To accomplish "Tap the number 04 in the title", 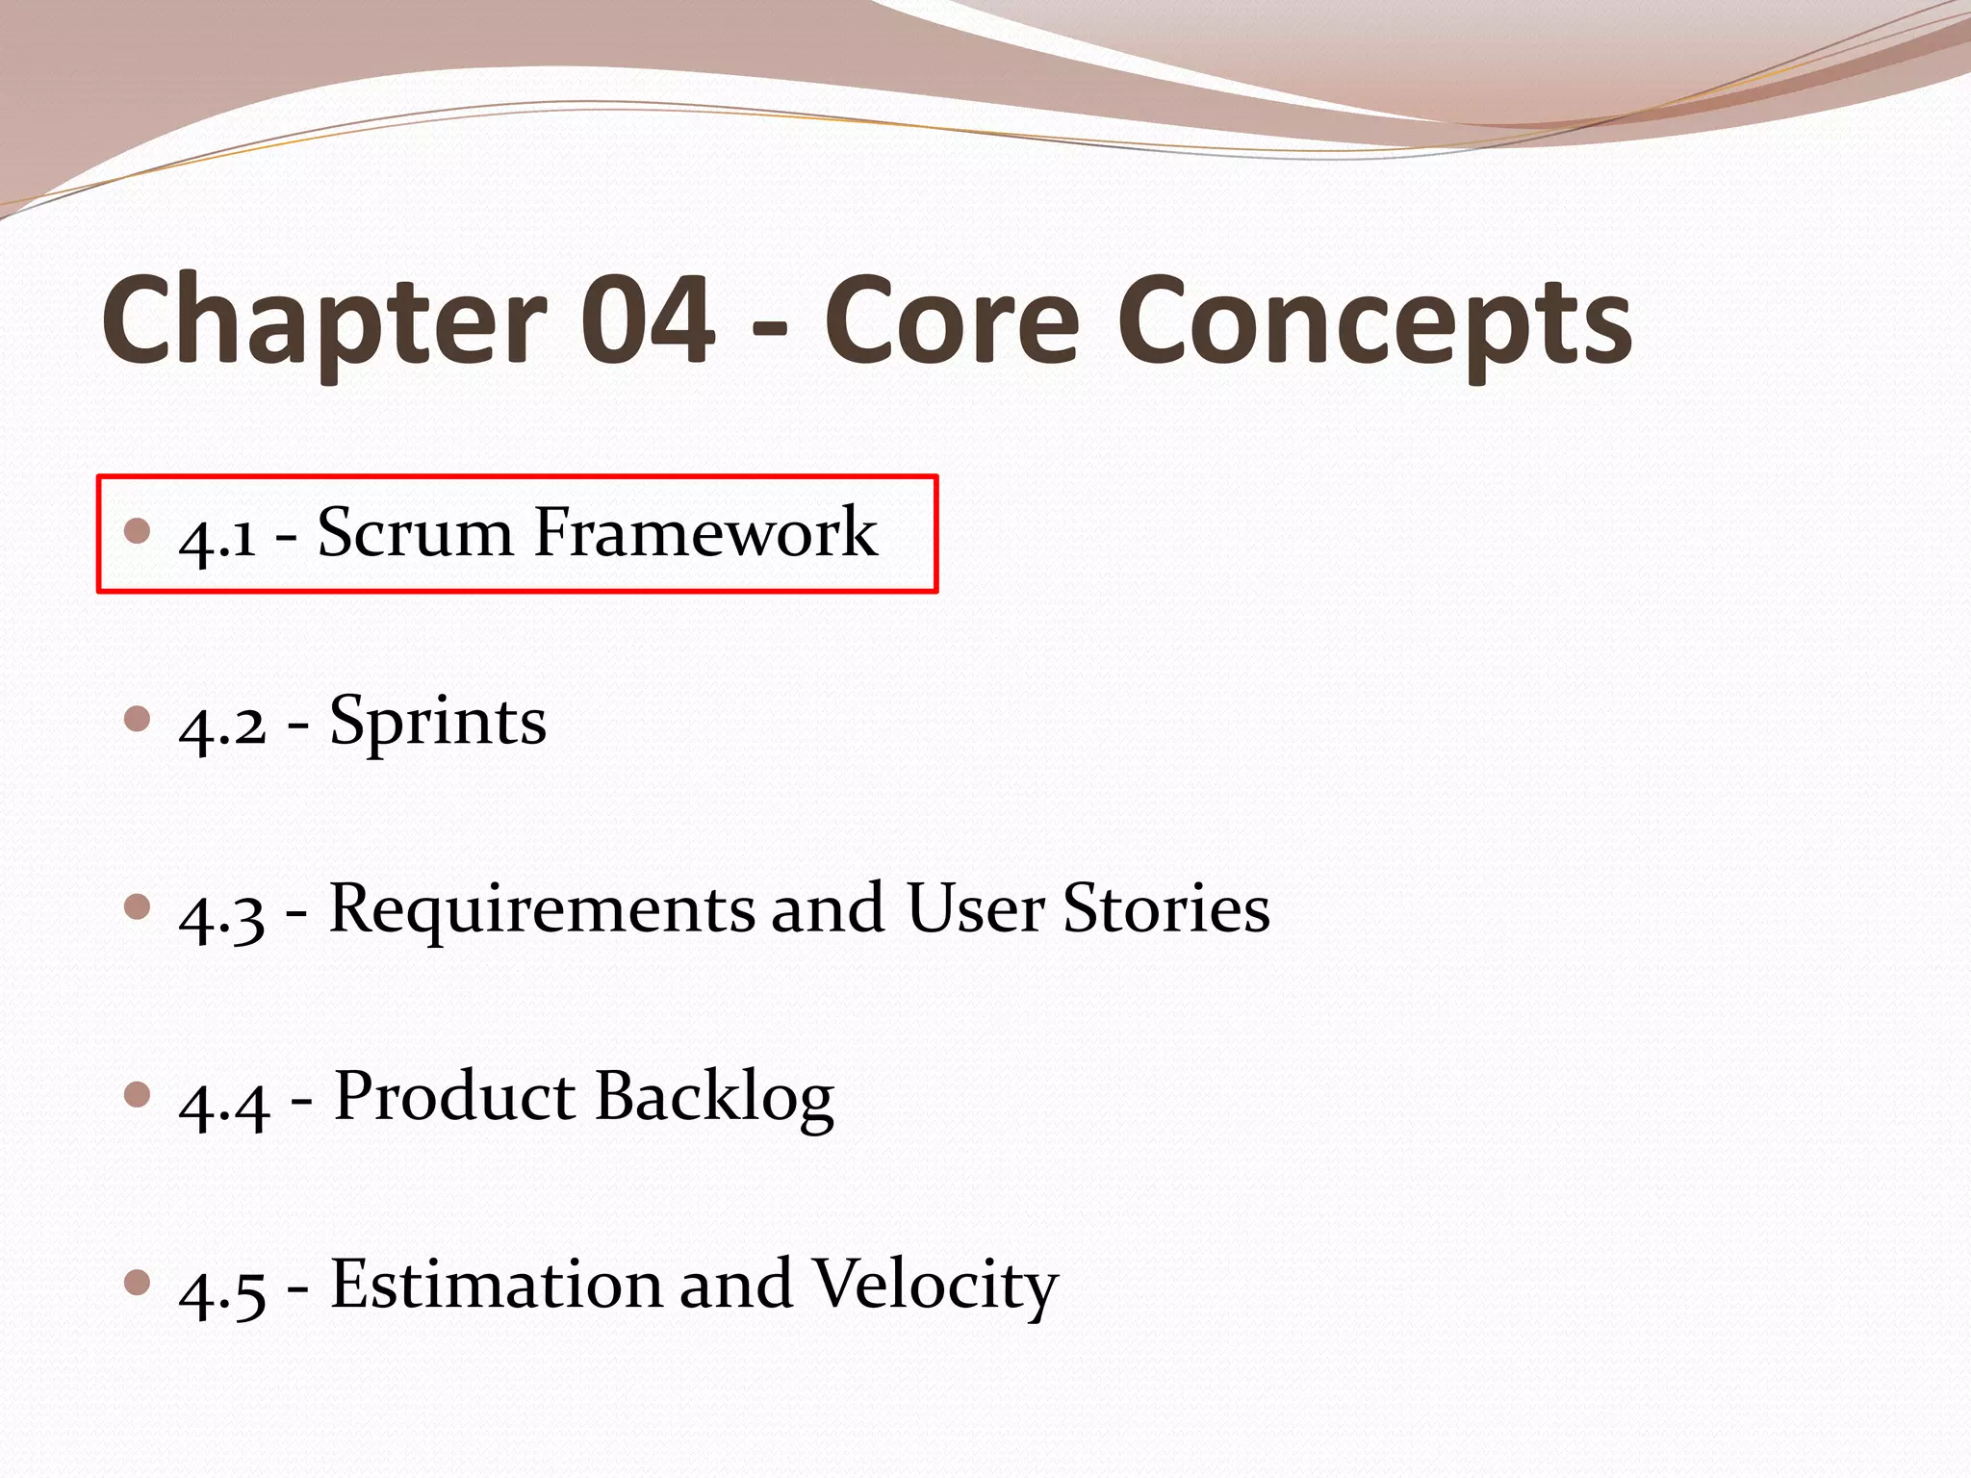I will pos(648,319).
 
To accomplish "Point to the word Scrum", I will pos(415,532).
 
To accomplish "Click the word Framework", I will pos(705,532).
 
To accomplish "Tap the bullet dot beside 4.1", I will pos(138,530).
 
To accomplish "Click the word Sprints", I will pos(438,723).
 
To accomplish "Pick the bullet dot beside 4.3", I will pos(138,906).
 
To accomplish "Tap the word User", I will pos(975,908).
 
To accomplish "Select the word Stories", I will pos(1165,908).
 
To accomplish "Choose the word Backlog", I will pos(714,1098).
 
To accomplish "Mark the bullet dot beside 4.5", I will pos(138,1282).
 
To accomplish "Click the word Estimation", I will pos(496,1285).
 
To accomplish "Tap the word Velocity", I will pos(934,1287).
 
